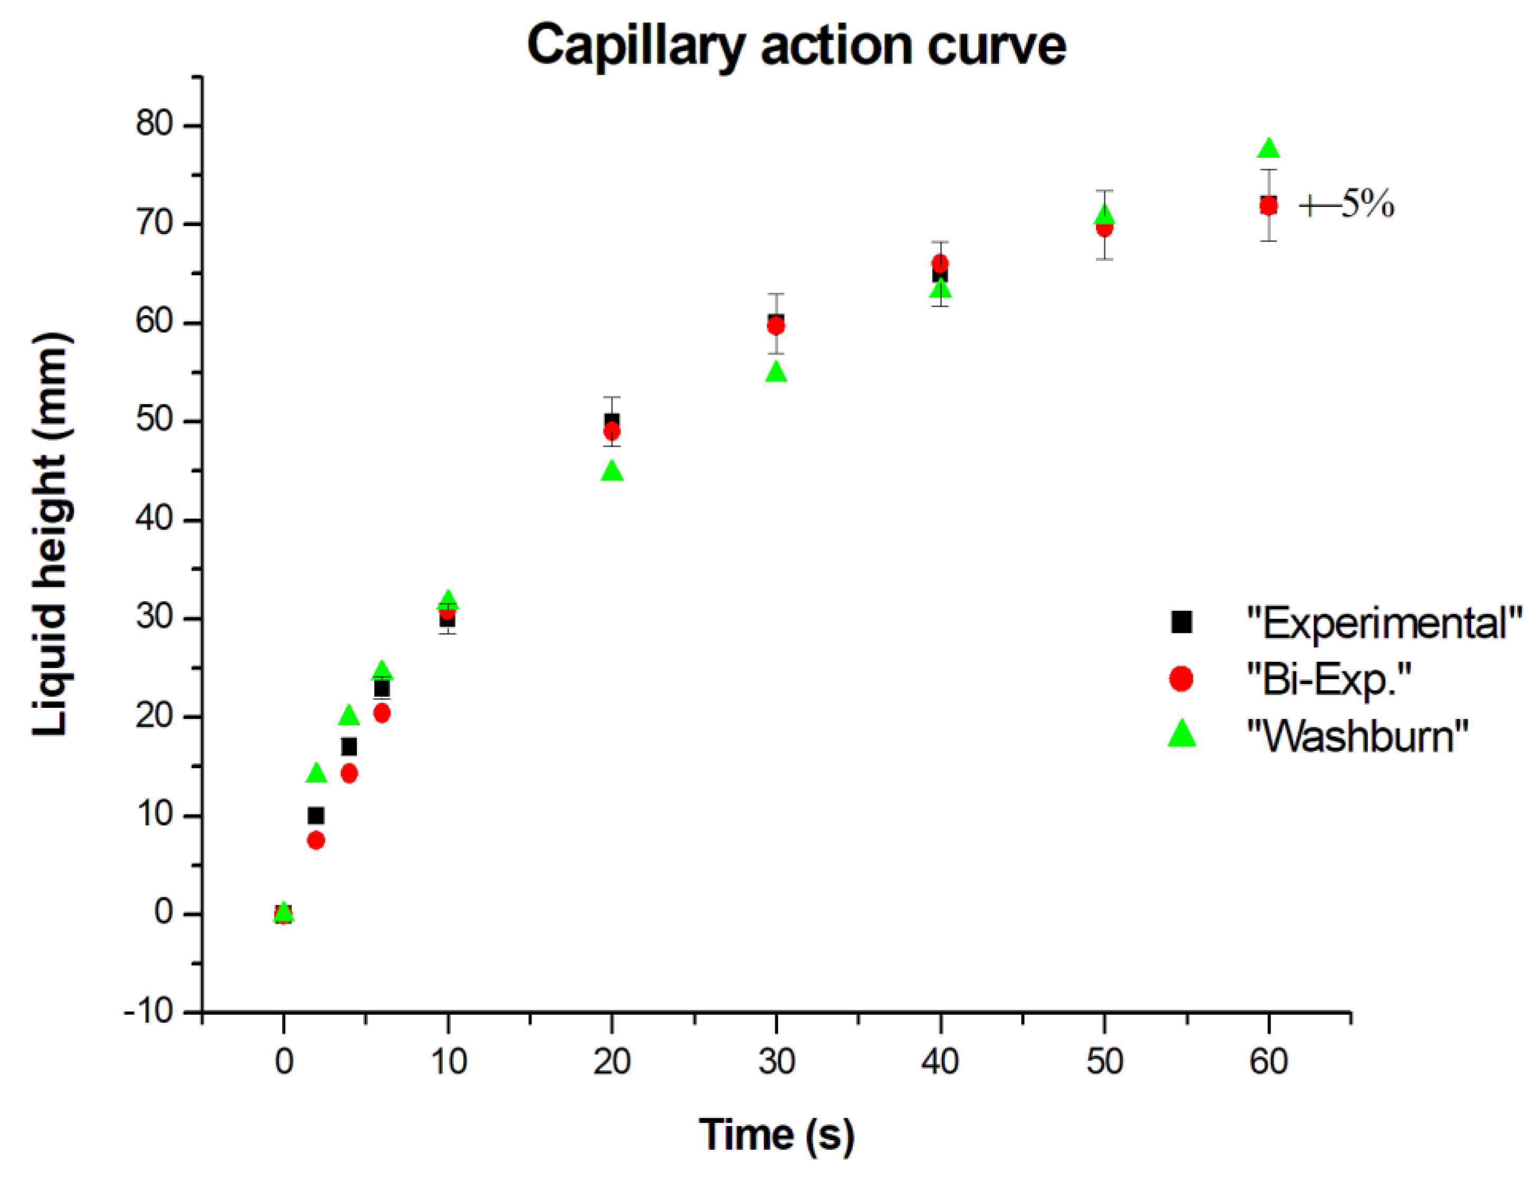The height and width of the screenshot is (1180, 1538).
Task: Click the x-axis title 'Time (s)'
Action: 776,1133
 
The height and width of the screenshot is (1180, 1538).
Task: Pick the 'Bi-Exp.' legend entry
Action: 1328,679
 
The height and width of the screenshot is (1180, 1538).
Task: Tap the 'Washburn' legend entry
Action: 1356,735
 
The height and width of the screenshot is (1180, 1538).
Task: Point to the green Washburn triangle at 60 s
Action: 1269,148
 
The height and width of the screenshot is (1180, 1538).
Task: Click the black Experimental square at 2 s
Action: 316,815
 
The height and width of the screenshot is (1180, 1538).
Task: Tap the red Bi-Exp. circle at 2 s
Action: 316,840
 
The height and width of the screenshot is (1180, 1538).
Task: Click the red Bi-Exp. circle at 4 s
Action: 349,773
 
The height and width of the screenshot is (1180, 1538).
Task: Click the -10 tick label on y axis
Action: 149,1012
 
